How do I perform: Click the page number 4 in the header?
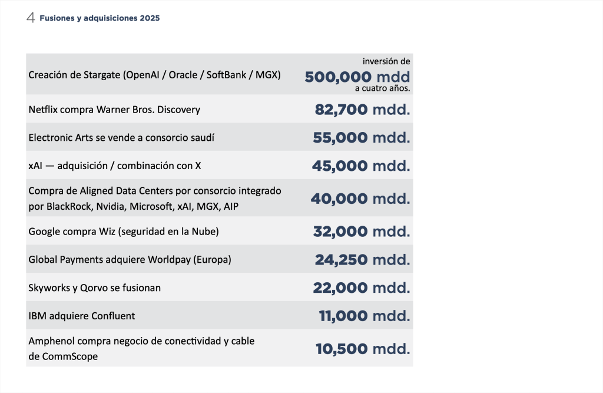(x=31, y=18)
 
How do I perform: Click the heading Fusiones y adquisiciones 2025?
(x=100, y=18)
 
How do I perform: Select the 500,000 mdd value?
(x=357, y=77)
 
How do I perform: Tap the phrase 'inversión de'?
(x=386, y=61)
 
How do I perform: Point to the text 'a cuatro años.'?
(x=382, y=89)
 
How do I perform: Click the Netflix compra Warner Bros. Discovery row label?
(x=114, y=110)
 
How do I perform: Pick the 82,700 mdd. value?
(x=362, y=110)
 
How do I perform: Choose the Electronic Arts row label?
(x=121, y=137)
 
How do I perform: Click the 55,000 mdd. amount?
(x=360, y=138)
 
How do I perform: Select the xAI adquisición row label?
(x=115, y=166)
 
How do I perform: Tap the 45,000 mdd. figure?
(x=360, y=166)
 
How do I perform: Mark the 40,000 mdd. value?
(x=360, y=199)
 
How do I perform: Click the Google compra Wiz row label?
(x=124, y=232)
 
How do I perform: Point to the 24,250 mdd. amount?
(x=361, y=260)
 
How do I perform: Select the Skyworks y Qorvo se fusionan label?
(x=95, y=288)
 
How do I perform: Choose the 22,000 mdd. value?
(x=361, y=288)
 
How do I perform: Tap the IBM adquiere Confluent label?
(x=82, y=316)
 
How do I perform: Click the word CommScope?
(x=70, y=356)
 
